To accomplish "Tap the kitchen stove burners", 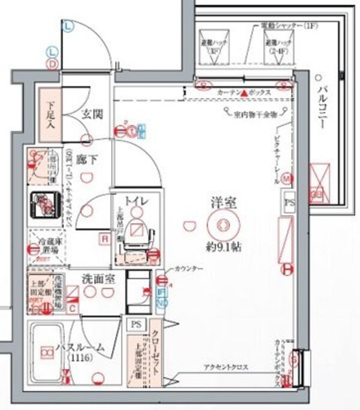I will [44, 206].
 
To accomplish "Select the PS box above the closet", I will [136, 324].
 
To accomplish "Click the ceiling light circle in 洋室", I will [223, 225].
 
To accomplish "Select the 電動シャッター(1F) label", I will [284, 26].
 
